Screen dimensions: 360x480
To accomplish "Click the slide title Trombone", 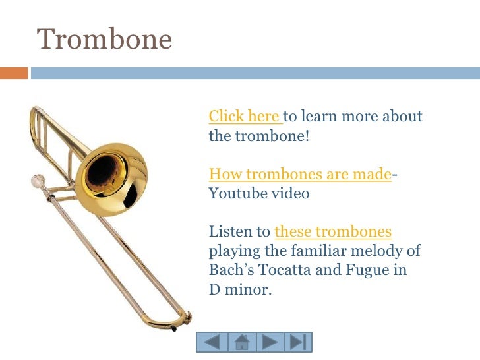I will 104,40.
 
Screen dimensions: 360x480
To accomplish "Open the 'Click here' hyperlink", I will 244,117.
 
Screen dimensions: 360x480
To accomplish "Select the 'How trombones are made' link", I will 300,174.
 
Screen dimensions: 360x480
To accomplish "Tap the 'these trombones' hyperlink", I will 332,231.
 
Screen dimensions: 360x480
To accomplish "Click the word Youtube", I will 234,194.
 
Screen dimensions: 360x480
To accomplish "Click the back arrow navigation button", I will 212,342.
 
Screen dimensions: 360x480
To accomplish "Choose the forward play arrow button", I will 269,342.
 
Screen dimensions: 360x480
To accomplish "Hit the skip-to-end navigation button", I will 297,342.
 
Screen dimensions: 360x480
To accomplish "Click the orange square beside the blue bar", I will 14,73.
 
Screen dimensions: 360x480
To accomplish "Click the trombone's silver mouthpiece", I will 38,180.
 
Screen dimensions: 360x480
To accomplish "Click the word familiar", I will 319,251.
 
